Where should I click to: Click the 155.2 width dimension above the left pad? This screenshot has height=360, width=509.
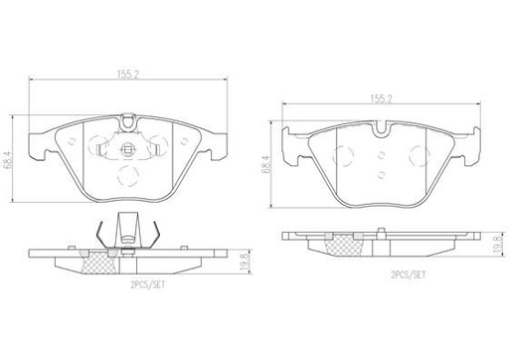[x=127, y=75]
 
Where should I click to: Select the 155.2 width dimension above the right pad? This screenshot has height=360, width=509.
[x=381, y=98]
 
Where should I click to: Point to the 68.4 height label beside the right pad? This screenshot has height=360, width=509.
[x=266, y=164]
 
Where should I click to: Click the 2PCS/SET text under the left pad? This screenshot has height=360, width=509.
[x=148, y=285]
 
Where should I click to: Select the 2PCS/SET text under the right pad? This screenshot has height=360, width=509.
[x=409, y=274]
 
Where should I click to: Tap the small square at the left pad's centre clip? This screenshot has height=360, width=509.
[x=127, y=150]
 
